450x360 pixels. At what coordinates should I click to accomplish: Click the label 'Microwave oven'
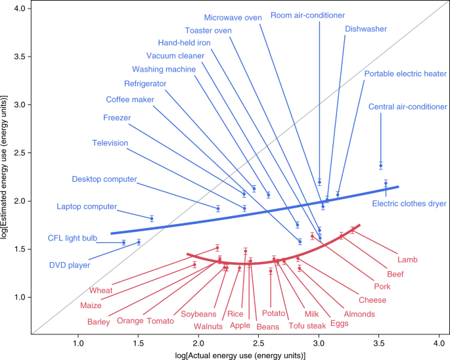pyautogui.click(x=233, y=18)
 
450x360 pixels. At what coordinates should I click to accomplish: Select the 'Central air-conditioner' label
pyautogui.click(x=407, y=106)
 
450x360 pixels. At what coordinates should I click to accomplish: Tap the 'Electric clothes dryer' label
pyautogui.click(x=409, y=204)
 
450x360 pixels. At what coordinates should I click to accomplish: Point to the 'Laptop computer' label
pyautogui.click(x=86, y=206)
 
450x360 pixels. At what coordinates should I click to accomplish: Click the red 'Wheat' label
pyautogui.click(x=102, y=289)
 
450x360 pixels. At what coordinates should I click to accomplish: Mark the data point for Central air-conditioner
pyautogui.click(x=380, y=166)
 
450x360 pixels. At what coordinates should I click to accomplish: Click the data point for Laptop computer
pyautogui.click(x=152, y=218)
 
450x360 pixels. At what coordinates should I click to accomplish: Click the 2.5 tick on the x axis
pyautogui.click(x=258, y=342)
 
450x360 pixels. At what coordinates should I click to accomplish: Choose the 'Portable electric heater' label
pyautogui.click(x=405, y=74)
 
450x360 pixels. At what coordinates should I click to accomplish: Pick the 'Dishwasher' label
pyautogui.click(x=366, y=29)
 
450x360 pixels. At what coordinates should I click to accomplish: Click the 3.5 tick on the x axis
pyautogui.click(x=378, y=342)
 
